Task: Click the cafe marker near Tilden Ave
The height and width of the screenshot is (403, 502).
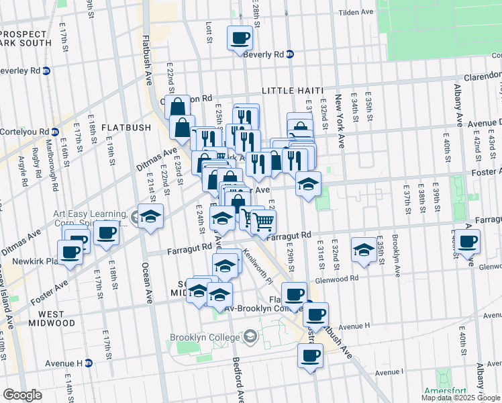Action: click(x=240, y=38)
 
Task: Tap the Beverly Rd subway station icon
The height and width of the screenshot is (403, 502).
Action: click(x=290, y=54)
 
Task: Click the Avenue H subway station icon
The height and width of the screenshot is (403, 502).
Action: click(x=88, y=363)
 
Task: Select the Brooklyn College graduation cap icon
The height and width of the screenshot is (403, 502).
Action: click(x=250, y=335)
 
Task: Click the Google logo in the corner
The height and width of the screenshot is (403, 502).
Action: click(x=23, y=395)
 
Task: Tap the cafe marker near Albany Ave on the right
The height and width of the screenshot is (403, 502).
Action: click(x=468, y=240)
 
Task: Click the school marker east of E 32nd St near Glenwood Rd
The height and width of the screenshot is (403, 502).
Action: click(x=364, y=250)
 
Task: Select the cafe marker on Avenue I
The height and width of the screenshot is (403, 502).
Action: click(x=309, y=356)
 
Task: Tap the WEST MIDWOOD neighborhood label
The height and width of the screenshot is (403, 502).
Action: click(x=48, y=318)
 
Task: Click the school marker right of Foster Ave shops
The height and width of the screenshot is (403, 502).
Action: click(x=308, y=183)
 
